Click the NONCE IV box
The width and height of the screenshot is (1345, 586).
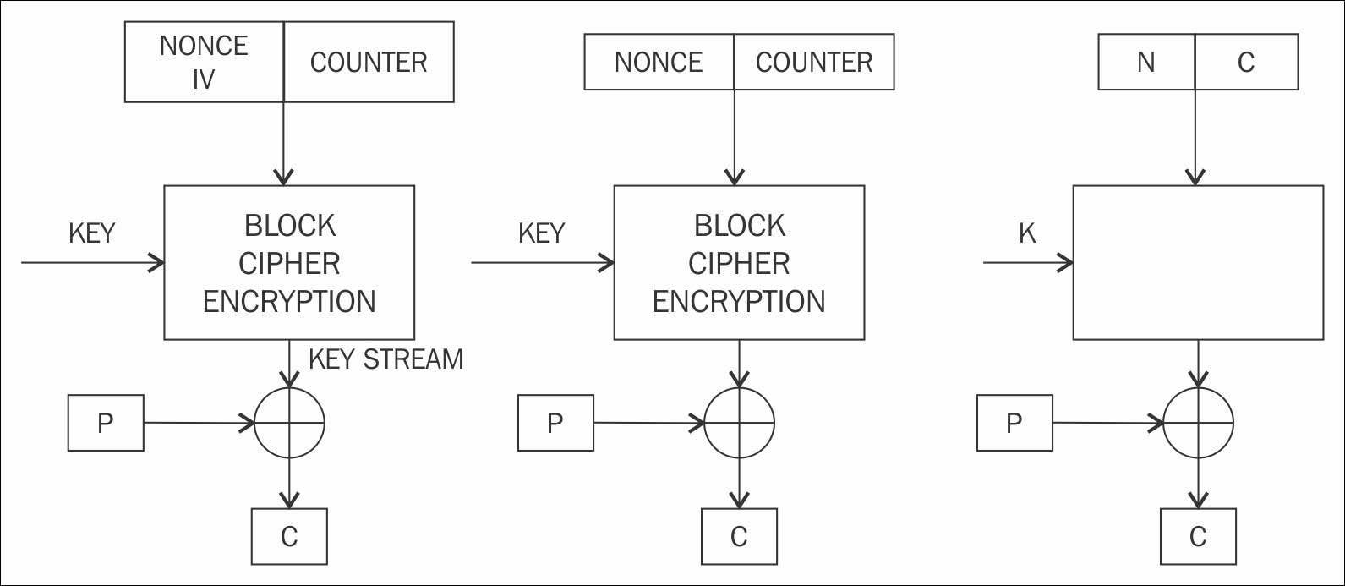[204, 62]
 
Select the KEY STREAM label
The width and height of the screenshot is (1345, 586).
[385, 359]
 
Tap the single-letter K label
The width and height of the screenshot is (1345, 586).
[1027, 233]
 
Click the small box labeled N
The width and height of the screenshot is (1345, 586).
[1146, 62]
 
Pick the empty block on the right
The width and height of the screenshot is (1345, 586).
[1198, 262]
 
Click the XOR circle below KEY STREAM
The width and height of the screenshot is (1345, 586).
[290, 422]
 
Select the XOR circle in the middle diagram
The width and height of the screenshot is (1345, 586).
[740, 422]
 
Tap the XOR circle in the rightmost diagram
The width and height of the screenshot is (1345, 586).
[1198, 422]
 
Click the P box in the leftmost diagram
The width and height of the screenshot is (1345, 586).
[106, 423]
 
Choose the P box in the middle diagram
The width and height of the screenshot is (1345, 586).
[555, 423]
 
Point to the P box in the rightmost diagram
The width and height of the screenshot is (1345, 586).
[1014, 423]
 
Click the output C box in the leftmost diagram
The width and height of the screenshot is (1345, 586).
[289, 536]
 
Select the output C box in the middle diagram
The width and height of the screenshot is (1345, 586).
[739, 536]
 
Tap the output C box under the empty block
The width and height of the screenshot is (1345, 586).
[1198, 536]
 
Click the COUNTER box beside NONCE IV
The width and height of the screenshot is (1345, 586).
[369, 62]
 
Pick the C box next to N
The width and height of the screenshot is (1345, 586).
[1246, 62]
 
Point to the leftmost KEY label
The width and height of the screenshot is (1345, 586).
[91, 233]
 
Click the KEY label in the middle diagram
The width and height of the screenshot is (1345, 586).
[541, 233]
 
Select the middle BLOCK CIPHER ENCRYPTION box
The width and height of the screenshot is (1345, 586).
[739, 262]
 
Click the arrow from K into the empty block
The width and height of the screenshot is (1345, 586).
[1028, 263]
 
